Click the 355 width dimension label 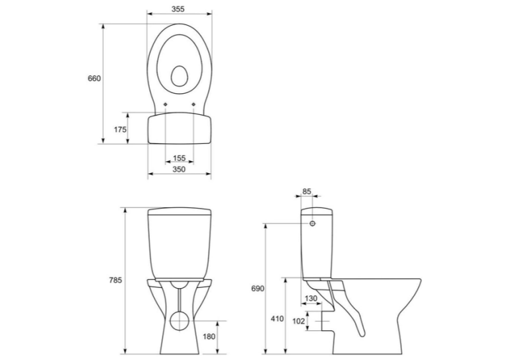click(178, 9)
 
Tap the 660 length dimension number click(94, 79)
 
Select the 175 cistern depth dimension click(120, 129)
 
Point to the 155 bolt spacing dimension click(180, 158)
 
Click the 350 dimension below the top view click(179, 169)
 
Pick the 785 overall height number click(116, 280)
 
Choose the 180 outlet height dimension click(209, 336)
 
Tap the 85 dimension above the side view click(307, 192)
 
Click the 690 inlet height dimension click(257, 289)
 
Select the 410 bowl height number click(277, 319)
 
